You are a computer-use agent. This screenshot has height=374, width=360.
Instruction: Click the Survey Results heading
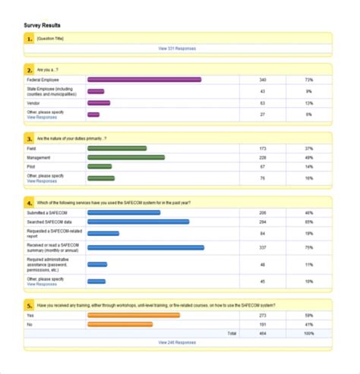pyautogui.click(x=43, y=25)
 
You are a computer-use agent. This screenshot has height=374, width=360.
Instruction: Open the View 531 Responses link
pyautogui.click(x=177, y=48)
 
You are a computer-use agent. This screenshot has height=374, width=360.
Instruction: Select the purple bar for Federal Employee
pyautogui.click(x=144, y=80)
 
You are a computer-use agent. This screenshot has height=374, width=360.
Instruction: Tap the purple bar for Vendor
pyautogui.click(x=99, y=102)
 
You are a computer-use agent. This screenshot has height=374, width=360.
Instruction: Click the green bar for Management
pyautogui.click(x=126, y=158)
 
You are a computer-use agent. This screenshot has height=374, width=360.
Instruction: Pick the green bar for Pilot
pyautogui.click(x=99, y=166)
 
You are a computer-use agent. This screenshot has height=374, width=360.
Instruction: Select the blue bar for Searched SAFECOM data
pyautogui.click(x=138, y=222)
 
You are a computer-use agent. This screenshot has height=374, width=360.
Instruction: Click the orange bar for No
pyautogui.click(x=120, y=324)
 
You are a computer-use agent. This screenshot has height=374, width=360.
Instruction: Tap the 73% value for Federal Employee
pyautogui.click(x=309, y=80)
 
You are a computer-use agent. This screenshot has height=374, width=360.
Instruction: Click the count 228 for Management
pyautogui.click(x=263, y=158)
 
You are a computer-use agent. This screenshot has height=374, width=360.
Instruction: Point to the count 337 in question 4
pyautogui.click(x=263, y=247)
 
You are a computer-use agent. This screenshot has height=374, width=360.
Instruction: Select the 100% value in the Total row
pyautogui.click(x=308, y=333)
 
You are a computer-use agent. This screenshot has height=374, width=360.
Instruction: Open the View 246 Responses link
pyautogui.click(x=177, y=342)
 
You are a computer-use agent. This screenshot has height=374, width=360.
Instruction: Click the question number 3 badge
pyautogui.click(x=30, y=139)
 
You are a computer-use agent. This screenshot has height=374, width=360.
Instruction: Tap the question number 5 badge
pyautogui.click(x=30, y=305)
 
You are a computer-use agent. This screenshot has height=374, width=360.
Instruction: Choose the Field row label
pyautogui.click(x=31, y=149)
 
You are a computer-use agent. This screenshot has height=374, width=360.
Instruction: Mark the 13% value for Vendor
pyautogui.click(x=309, y=102)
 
